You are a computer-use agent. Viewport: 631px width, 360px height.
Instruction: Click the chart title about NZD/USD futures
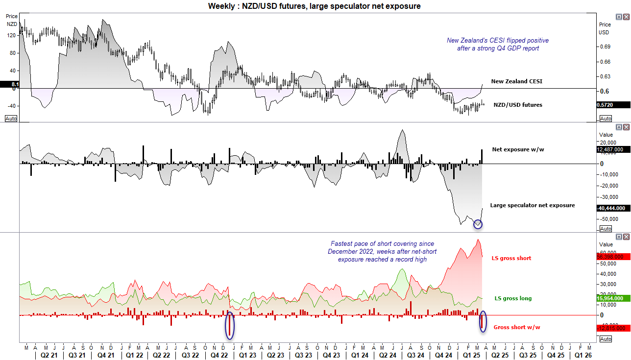point(314,6)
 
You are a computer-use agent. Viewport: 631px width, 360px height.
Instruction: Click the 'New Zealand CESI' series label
point(516,81)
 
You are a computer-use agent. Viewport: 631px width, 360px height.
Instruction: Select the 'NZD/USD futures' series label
point(517,104)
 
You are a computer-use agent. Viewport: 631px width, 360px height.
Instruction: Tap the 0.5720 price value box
point(612,105)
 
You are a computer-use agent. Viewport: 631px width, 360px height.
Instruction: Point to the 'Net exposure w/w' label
point(518,149)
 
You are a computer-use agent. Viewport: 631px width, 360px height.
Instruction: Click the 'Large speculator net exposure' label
point(532,205)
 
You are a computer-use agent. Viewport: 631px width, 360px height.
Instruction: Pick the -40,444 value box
point(612,208)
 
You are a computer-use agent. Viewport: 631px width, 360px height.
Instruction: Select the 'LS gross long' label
point(513,298)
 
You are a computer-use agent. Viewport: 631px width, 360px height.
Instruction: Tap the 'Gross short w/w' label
point(517,327)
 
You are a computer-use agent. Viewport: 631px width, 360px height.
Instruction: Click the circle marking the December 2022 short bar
point(230,325)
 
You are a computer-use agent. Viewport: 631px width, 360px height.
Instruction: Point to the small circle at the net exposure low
point(478,224)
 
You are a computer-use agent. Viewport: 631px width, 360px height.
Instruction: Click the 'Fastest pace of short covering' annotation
point(382,251)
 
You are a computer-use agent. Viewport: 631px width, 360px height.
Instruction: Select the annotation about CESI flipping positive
point(497,44)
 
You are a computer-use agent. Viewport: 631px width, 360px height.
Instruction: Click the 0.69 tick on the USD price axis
point(605,47)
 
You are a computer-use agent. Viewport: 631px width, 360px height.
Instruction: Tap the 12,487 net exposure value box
point(612,150)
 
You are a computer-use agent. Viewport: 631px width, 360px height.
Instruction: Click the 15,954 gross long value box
point(612,298)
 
